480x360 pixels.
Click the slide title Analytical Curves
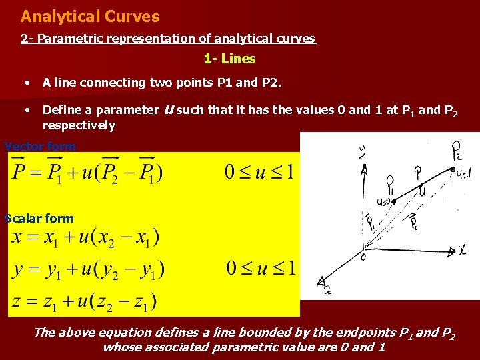point(90,16)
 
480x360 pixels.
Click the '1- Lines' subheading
point(229,59)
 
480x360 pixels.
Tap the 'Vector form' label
point(40,146)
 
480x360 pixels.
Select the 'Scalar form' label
point(39,218)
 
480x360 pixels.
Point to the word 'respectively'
point(79,125)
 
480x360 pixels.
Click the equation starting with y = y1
point(87,270)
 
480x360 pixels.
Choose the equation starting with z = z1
point(83,302)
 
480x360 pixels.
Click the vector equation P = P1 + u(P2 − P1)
point(87,173)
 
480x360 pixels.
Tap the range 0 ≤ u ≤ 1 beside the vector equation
point(260,173)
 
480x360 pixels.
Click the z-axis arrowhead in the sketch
point(322,281)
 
